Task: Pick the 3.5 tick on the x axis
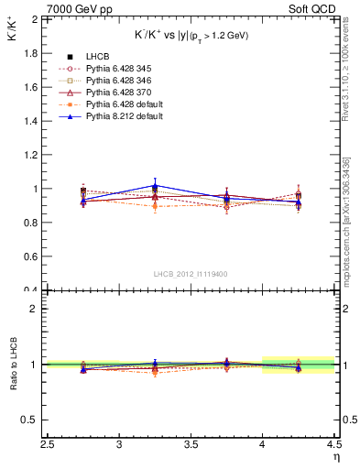(191, 445)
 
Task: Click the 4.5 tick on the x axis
(333, 445)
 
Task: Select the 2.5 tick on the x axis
(48, 445)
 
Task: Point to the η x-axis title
(336, 457)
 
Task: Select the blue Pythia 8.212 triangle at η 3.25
(155, 186)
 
